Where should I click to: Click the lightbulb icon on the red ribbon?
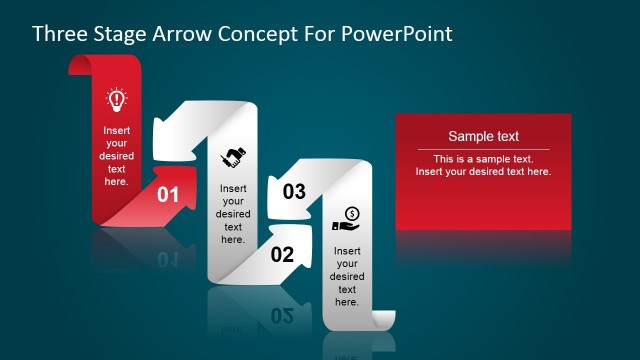click(116, 99)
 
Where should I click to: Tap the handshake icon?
click(233, 156)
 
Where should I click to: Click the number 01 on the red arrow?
click(168, 195)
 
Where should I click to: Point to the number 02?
click(283, 254)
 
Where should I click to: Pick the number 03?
click(294, 192)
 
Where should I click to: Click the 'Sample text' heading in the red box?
click(483, 137)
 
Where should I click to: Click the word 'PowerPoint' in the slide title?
click(398, 33)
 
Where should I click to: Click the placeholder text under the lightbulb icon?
click(116, 155)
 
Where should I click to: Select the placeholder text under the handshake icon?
click(233, 213)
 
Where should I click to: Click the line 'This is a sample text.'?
click(483, 159)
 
